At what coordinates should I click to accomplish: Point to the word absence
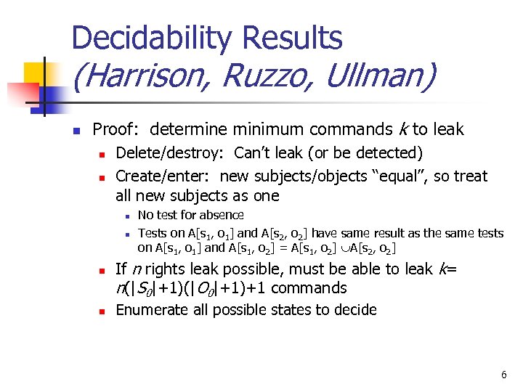(x=220, y=215)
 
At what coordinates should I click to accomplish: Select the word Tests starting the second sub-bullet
(x=152, y=233)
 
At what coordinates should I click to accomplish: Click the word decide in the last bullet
(x=356, y=310)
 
